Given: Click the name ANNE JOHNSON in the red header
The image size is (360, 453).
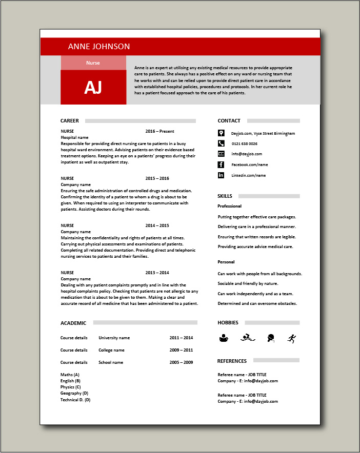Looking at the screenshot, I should click(x=99, y=46).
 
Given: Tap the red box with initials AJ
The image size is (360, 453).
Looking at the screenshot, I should click(x=93, y=88).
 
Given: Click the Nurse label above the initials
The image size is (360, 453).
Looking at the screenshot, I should click(x=93, y=63).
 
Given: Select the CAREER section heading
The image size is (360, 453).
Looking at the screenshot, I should click(x=70, y=121).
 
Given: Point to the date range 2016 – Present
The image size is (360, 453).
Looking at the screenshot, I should click(x=159, y=131).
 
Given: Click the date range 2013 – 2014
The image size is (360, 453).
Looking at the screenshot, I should click(x=157, y=273).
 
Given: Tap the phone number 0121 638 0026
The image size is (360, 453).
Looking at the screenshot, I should click(x=244, y=143).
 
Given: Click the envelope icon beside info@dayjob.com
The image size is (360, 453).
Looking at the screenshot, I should click(x=221, y=154).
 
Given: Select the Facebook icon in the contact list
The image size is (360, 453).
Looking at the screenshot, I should click(x=221, y=164).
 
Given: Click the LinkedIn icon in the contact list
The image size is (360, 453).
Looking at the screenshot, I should click(x=221, y=175).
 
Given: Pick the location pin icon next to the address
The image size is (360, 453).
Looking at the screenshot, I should click(x=221, y=133).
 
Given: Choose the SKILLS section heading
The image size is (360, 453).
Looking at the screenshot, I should click(x=225, y=196).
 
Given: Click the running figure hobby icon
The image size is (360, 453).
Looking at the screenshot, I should click(x=292, y=338).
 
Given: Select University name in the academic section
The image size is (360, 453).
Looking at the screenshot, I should click(x=114, y=338).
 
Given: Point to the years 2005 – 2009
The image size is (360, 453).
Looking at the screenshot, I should click(x=181, y=362).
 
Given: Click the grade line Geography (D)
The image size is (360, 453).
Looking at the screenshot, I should click(x=74, y=393).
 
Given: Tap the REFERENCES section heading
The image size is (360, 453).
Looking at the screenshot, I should click(x=232, y=361).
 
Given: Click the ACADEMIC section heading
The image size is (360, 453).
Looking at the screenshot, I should click(x=73, y=323).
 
